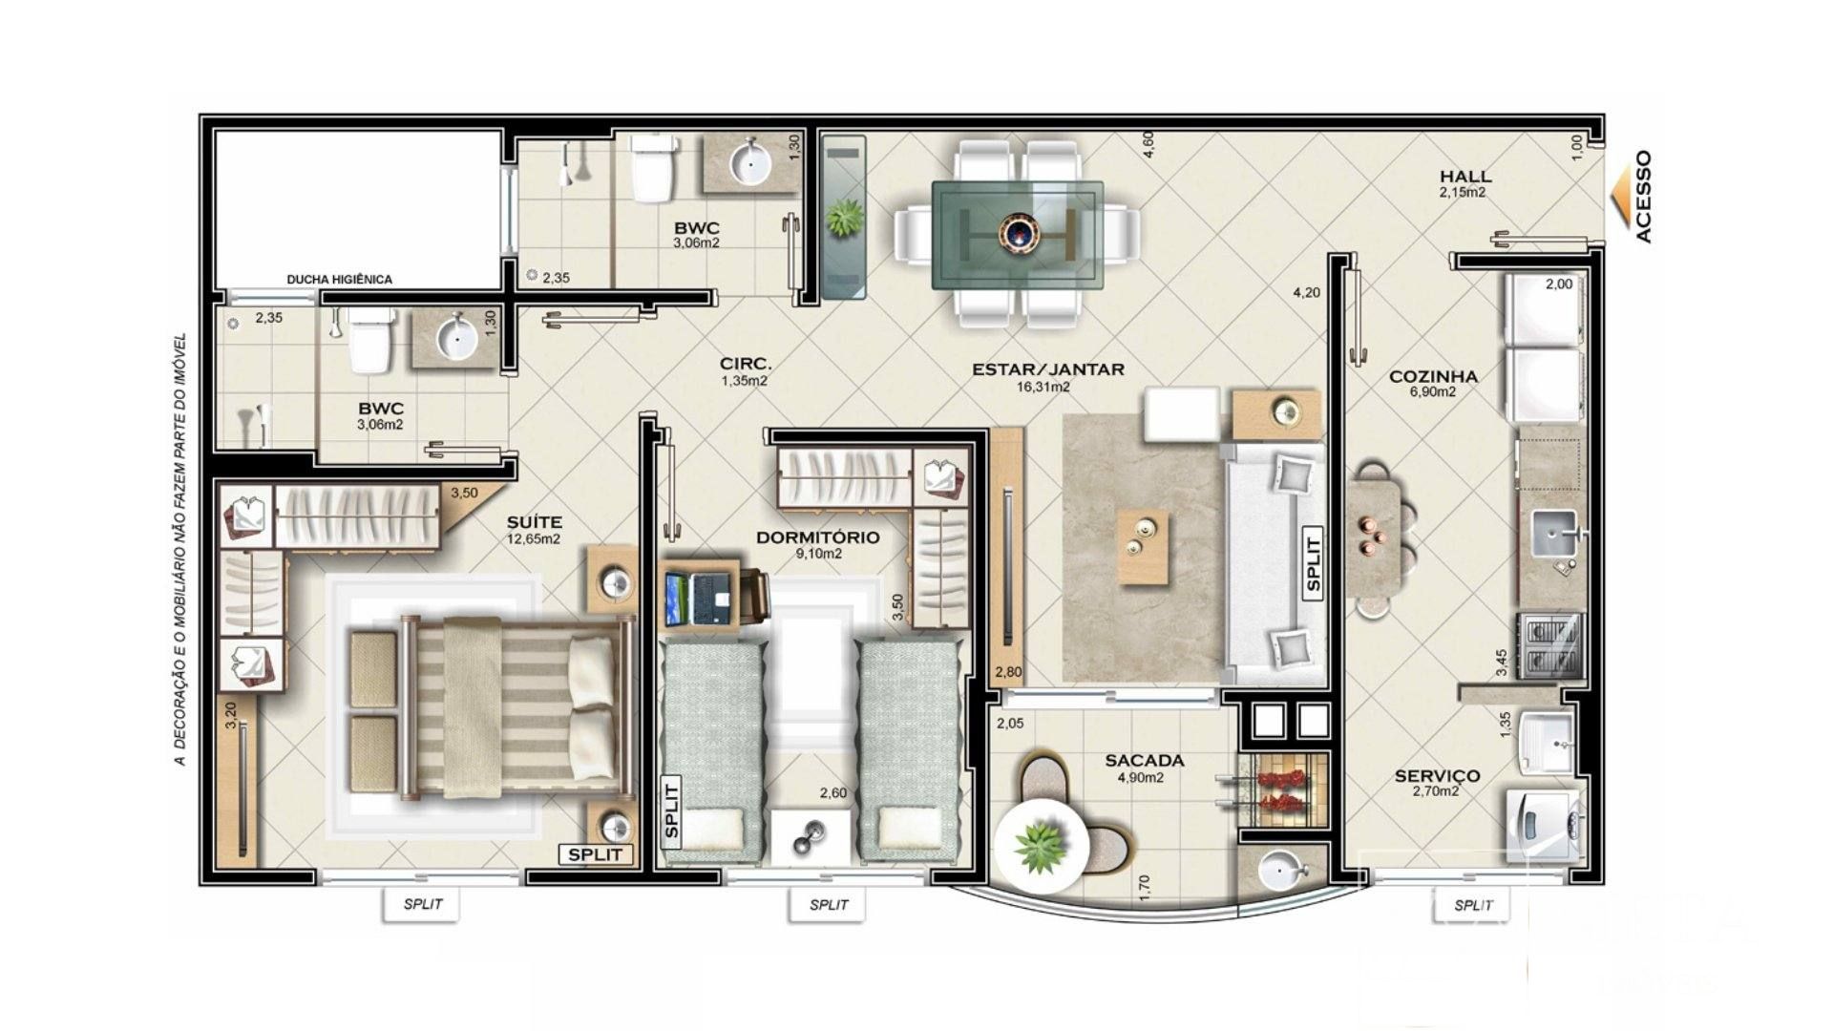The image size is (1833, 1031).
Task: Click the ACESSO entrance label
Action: tap(1642, 197)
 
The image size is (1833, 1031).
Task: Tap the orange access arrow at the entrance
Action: tap(1619, 197)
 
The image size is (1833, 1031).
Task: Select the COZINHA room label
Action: tap(1433, 376)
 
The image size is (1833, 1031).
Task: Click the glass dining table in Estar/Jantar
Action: tap(1018, 235)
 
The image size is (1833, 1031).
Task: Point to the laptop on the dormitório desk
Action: tap(701, 599)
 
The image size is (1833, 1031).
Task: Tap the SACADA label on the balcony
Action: tap(1145, 761)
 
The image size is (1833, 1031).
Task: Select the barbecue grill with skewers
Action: tap(1280, 790)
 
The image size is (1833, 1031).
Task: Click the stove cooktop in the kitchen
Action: tap(1549, 644)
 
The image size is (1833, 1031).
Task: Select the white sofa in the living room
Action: tap(1275, 563)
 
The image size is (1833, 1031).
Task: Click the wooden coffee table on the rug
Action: tap(1144, 547)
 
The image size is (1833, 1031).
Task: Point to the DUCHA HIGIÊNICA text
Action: tap(339, 280)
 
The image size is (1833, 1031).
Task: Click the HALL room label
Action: tap(1465, 177)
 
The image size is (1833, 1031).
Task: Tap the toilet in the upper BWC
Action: tap(653, 169)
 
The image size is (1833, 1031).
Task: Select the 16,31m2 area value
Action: tap(1043, 388)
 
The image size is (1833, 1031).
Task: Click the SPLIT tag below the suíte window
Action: tap(422, 904)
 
